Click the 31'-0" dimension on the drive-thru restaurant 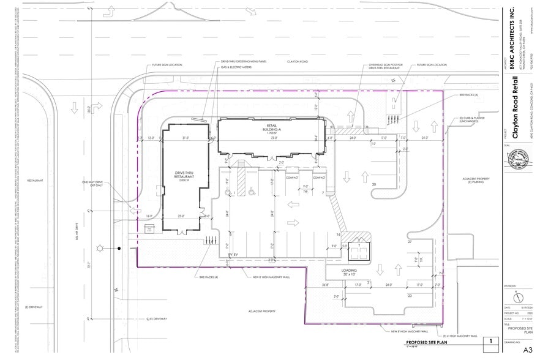186,138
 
